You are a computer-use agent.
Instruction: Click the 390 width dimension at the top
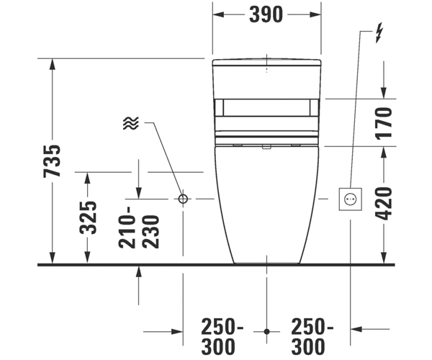coord(266,15)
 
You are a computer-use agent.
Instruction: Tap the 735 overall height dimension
coord(52,161)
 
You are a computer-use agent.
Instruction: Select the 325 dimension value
coord(88,218)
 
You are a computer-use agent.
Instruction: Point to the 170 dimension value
coord(383,123)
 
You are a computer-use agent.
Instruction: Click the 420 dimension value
coord(384,204)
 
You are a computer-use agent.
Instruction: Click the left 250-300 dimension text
coord(222,336)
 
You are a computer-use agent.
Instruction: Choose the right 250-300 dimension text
coord(312,336)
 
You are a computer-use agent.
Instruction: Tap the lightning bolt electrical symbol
coord(379,32)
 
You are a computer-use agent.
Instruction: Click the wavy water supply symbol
coord(131,123)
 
